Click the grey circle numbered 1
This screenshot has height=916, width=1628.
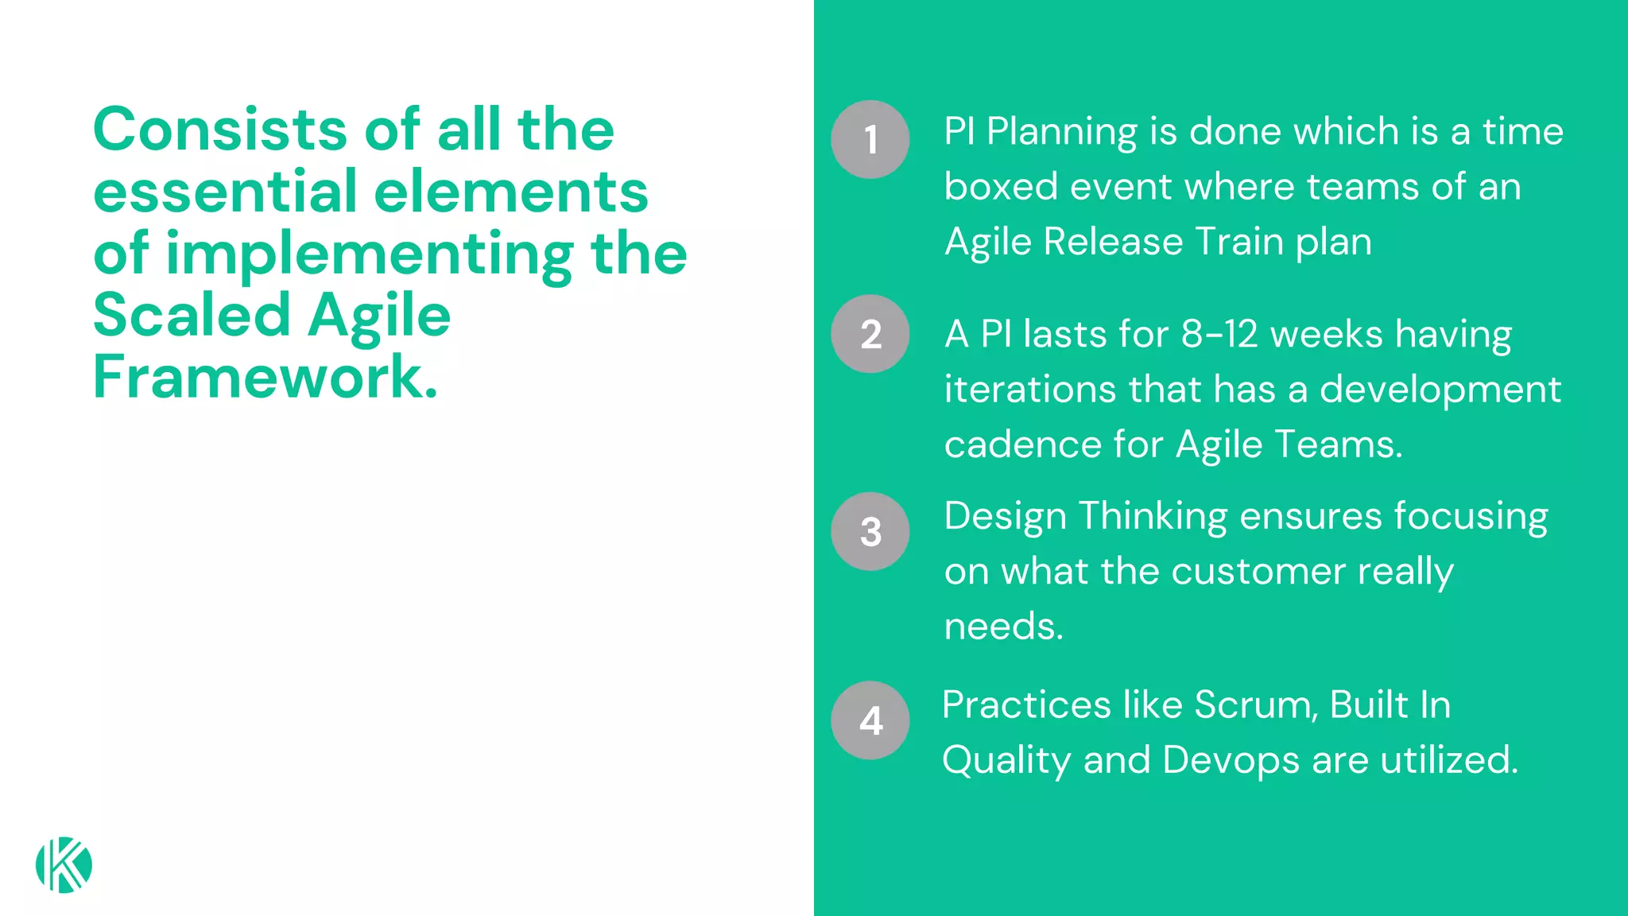pyautogui.click(x=870, y=139)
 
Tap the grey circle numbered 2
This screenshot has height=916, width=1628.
pyautogui.click(x=870, y=334)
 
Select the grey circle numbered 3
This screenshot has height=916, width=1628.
pyautogui.click(x=870, y=531)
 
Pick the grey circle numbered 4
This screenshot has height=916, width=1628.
pyautogui.click(x=870, y=720)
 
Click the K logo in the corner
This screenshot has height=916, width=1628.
pyautogui.click(x=64, y=865)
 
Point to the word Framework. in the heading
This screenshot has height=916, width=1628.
pyautogui.click(x=266, y=377)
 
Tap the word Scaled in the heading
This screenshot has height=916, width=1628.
pyautogui.click(x=192, y=315)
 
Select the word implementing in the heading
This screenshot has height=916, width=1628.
pyautogui.click(x=369, y=254)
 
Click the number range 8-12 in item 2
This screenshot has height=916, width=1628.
pyautogui.click(x=1219, y=334)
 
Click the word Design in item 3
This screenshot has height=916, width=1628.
pyautogui.click(x=1005, y=517)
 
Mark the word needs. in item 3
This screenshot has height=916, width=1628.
pyautogui.click(x=1003, y=627)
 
